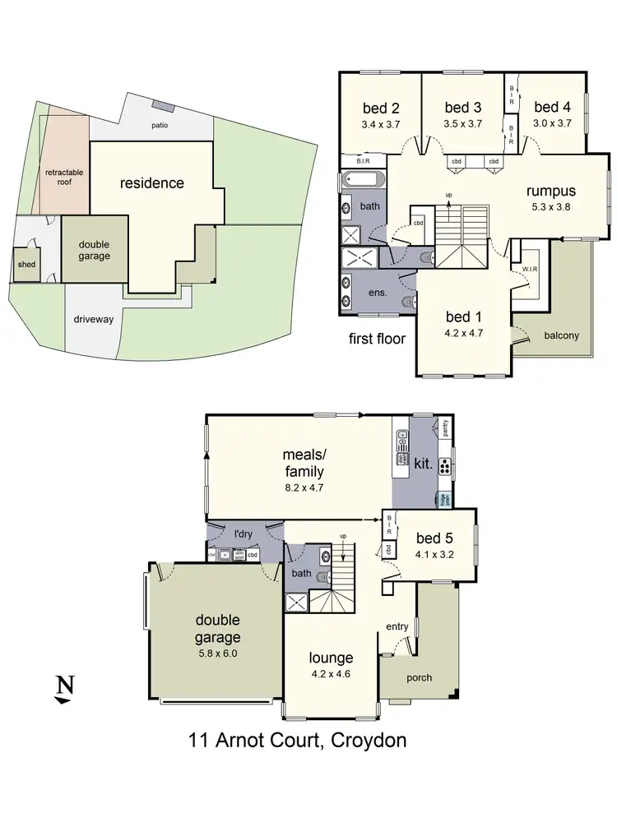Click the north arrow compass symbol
(x=62, y=689)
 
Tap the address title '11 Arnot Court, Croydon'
(x=297, y=741)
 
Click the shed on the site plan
(x=26, y=265)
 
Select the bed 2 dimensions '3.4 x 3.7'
(x=381, y=124)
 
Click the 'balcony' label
(x=561, y=335)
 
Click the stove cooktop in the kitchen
(x=444, y=467)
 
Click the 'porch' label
(x=418, y=677)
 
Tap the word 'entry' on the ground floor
(x=397, y=627)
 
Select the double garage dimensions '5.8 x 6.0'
(x=217, y=653)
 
